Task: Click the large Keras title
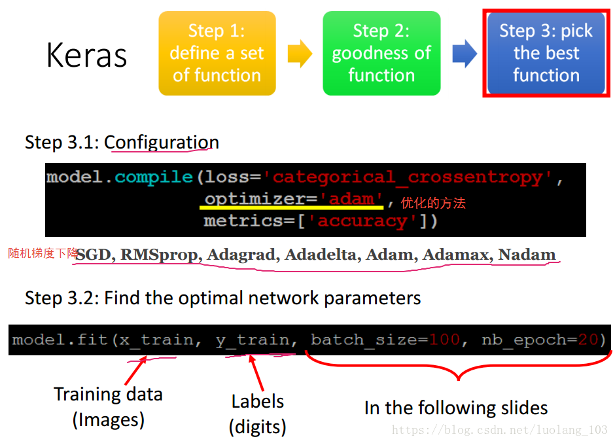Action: pyautogui.click(x=86, y=55)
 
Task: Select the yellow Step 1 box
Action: pyautogui.click(x=217, y=53)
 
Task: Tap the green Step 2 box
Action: pyautogui.click(x=381, y=53)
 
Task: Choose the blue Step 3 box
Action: pyautogui.click(x=546, y=53)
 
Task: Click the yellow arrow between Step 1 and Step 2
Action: pyautogui.click(x=300, y=53)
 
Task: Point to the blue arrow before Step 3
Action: pyautogui.click(x=464, y=53)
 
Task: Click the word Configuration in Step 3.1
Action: pyautogui.click(x=162, y=142)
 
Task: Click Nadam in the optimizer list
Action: pyautogui.click(x=527, y=255)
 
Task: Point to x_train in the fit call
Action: pyautogui.click(x=156, y=340)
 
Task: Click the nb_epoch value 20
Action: pyautogui.click(x=588, y=340)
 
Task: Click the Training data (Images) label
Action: pyautogui.click(x=108, y=406)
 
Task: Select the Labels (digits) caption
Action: pyautogui.click(x=258, y=414)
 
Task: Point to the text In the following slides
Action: pyautogui.click(x=456, y=408)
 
